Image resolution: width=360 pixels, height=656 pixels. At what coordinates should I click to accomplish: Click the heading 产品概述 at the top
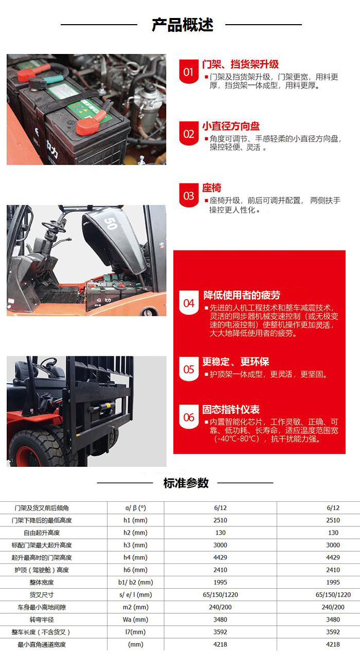(x=182, y=25)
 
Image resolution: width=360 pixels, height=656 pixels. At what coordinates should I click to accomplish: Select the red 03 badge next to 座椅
(x=189, y=196)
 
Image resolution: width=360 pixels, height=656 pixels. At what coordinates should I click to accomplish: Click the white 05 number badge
(x=189, y=370)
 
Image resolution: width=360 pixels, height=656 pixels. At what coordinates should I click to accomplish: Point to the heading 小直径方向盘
(x=231, y=126)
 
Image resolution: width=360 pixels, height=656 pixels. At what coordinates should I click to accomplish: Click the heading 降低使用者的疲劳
(x=242, y=295)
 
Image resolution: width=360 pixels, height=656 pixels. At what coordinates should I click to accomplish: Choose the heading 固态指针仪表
(x=231, y=410)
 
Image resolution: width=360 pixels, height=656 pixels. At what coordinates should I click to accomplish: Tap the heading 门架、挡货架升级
(x=240, y=64)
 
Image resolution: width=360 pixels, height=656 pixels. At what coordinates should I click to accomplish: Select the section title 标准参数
(x=186, y=483)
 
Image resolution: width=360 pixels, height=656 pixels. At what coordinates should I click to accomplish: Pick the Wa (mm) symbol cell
(x=136, y=619)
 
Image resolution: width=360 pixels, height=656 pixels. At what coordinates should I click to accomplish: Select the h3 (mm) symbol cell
(x=136, y=545)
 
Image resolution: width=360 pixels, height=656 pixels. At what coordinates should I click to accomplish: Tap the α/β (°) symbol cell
(x=136, y=507)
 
